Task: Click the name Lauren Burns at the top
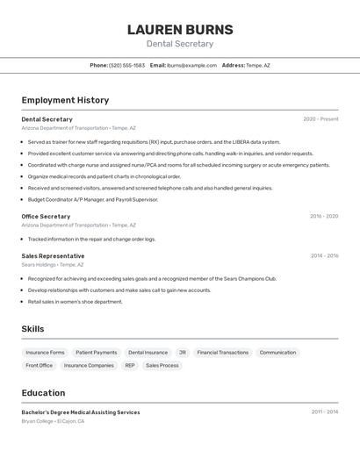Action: pyautogui.click(x=180, y=29)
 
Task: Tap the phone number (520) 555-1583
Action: pyautogui.click(x=127, y=65)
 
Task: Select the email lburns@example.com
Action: pyautogui.click(x=191, y=65)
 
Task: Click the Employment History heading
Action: pyautogui.click(x=65, y=100)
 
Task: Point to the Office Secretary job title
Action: pyautogui.click(x=46, y=216)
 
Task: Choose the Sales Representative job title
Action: pyautogui.click(x=53, y=256)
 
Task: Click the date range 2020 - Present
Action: pyautogui.click(x=320, y=119)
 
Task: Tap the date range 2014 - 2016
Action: pyautogui.click(x=324, y=256)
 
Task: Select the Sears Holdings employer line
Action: pyautogui.click(x=53, y=264)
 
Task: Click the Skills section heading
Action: pyautogui.click(x=32, y=329)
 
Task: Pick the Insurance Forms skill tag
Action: pyautogui.click(x=45, y=353)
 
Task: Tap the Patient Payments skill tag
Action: pyautogui.click(x=96, y=353)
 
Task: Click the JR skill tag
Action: pyautogui.click(x=182, y=353)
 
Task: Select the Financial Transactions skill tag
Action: pyautogui.click(x=222, y=353)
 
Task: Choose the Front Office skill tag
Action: pyautogui.click(x=39, y=365)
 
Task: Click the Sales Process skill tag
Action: pyautogui.click(x=162, y=365)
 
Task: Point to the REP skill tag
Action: pyautogui.click(x=130, y=365)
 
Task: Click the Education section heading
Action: pyautogui.click(x=43, y=393)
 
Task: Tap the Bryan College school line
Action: pyautogui.click(x=53, y=421)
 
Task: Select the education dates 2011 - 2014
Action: pyautogui.click(x=324, y=411)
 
